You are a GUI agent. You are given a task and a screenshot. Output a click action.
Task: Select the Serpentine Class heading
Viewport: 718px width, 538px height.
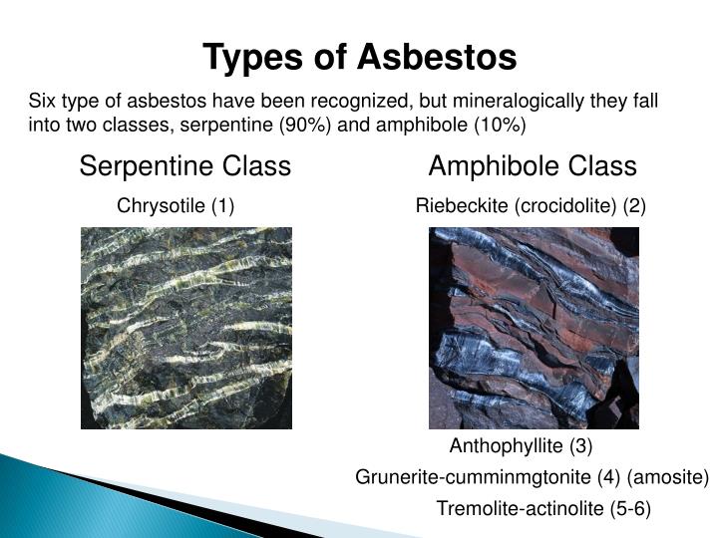(x=185, y=165)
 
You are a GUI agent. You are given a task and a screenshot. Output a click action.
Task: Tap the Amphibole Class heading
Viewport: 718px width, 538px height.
(x=533, y=165)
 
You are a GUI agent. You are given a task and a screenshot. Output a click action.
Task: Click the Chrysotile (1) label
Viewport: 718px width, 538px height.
(x=176, y=206)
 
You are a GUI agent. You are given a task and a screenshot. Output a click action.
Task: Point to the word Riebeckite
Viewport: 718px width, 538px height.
(x=462, y=206)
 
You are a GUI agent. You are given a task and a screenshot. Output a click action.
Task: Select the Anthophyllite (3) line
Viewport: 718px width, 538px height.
(x=521, y=445)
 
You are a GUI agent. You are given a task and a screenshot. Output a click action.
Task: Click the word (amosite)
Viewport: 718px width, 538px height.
(x=672, y=477)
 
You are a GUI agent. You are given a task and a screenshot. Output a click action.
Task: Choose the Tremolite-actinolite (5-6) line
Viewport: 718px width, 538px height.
(x=543, y=509)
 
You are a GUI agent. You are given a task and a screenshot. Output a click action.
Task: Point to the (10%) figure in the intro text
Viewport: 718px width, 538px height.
(x=500, y=125)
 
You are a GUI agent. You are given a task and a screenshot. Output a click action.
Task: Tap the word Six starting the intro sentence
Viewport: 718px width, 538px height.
(x=42, y=102)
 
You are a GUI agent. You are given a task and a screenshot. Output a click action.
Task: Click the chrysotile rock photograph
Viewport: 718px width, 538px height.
(x=185, y=328)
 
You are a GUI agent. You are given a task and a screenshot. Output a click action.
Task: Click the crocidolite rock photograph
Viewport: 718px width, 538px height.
(x=534, y=328)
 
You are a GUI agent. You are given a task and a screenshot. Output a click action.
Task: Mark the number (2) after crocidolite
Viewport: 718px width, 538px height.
(x=634, y=206)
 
